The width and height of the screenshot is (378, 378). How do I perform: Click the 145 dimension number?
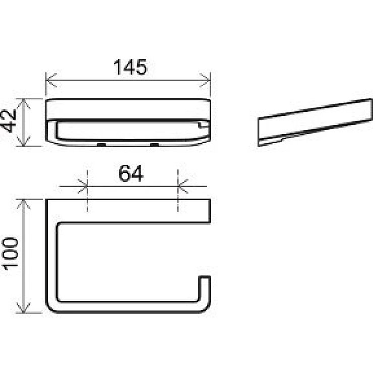tap(130, 67)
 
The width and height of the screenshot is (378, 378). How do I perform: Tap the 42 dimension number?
tap(8, 121)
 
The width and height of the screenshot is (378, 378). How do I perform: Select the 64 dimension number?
tap(131, 173)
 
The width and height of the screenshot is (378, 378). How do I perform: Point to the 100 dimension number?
tap(10, 254)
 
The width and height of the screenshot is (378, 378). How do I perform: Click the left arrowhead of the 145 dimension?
tap(51, 80)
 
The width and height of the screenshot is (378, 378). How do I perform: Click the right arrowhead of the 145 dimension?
tap(205, 80)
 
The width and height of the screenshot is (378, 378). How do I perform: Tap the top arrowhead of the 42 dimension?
tap(23, 104)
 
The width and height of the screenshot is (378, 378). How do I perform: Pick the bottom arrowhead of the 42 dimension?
tap(23, 141)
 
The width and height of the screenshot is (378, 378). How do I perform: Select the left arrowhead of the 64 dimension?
tap(83, 186)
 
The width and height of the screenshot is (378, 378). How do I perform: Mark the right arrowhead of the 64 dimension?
tap(183, 186)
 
